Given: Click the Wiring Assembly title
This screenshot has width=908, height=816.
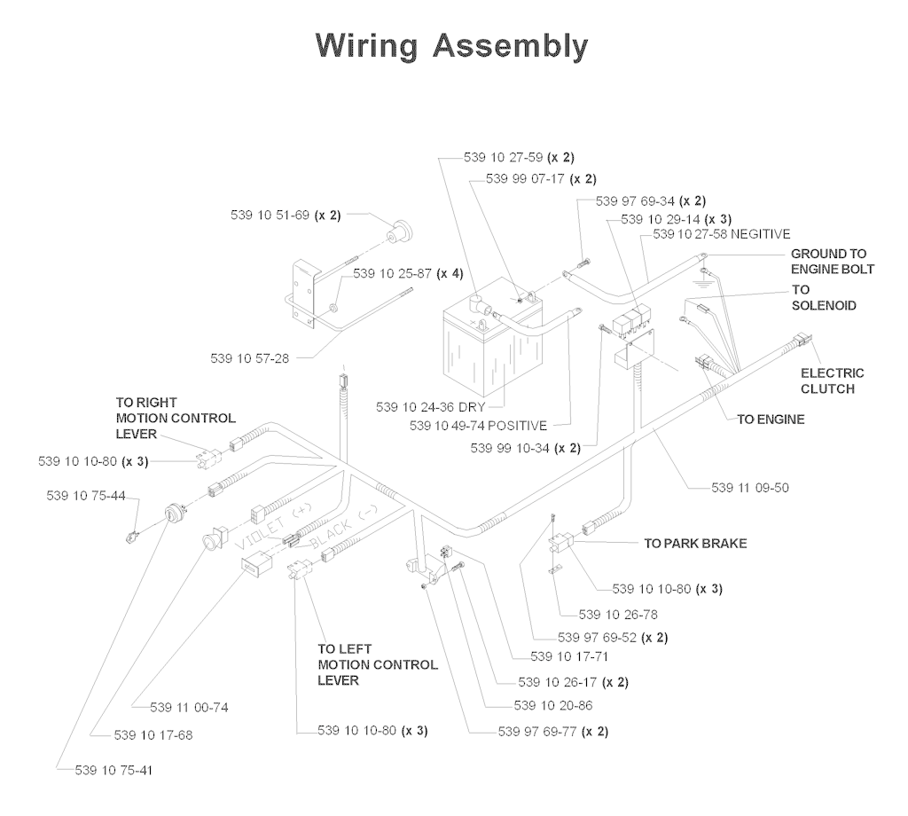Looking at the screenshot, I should (x=452, y=45).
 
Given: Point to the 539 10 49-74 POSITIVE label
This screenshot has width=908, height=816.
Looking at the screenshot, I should (x=478, y=426).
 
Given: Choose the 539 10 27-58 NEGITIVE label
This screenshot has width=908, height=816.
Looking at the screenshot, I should (x=721, y=234).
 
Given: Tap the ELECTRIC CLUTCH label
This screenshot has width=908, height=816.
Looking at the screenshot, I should (x=832, y=381).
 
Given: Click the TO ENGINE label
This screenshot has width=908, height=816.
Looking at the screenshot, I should (x=771, y=420).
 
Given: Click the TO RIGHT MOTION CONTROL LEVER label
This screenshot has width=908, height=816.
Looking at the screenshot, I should (x=175, y=418).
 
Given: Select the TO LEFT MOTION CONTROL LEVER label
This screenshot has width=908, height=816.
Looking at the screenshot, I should (x=377, y=664).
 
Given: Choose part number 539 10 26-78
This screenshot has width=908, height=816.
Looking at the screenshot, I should (x=617, y=614).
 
